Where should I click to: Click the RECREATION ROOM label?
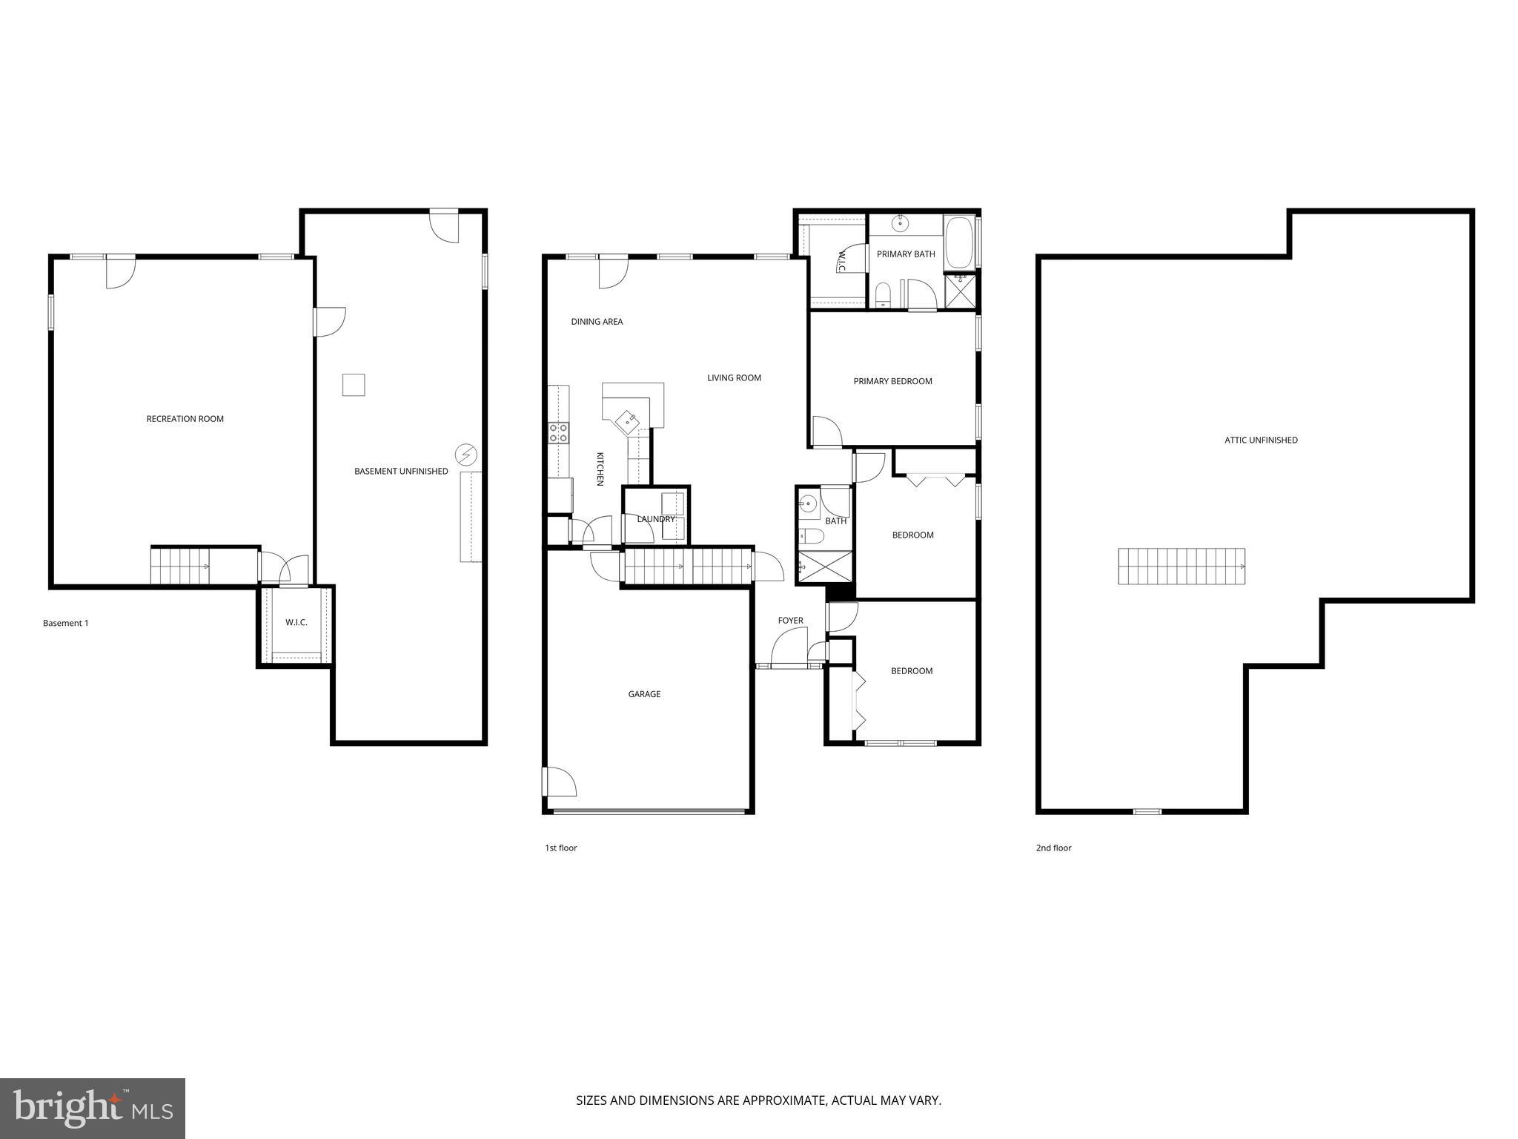tap(185, 419)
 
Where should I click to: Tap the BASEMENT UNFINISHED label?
tap(401, 472)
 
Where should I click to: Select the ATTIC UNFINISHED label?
tap(1261, 440)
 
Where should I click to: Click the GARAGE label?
tap(644, 695)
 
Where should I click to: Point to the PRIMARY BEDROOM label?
tap(892, 382)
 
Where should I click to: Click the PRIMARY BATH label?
tap(906, 254)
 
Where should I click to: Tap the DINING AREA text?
tap(597, 322)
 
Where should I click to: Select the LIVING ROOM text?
tap(734, 378)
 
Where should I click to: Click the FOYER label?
tap(790, 621)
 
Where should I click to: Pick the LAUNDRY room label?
tap(656, 519)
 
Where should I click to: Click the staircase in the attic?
tap(1181, 567)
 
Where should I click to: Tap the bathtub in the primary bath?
tap(959, 242)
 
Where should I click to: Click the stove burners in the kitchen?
tap(558, 432)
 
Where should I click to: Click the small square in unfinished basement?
tap(354, 385)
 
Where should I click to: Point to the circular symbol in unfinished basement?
tap(465, 454)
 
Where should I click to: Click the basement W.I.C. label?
tap(296, 623)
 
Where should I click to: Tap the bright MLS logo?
tap(92, 1108)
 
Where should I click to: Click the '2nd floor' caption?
tap(1053, 848)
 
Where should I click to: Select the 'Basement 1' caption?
tap(65, 624)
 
